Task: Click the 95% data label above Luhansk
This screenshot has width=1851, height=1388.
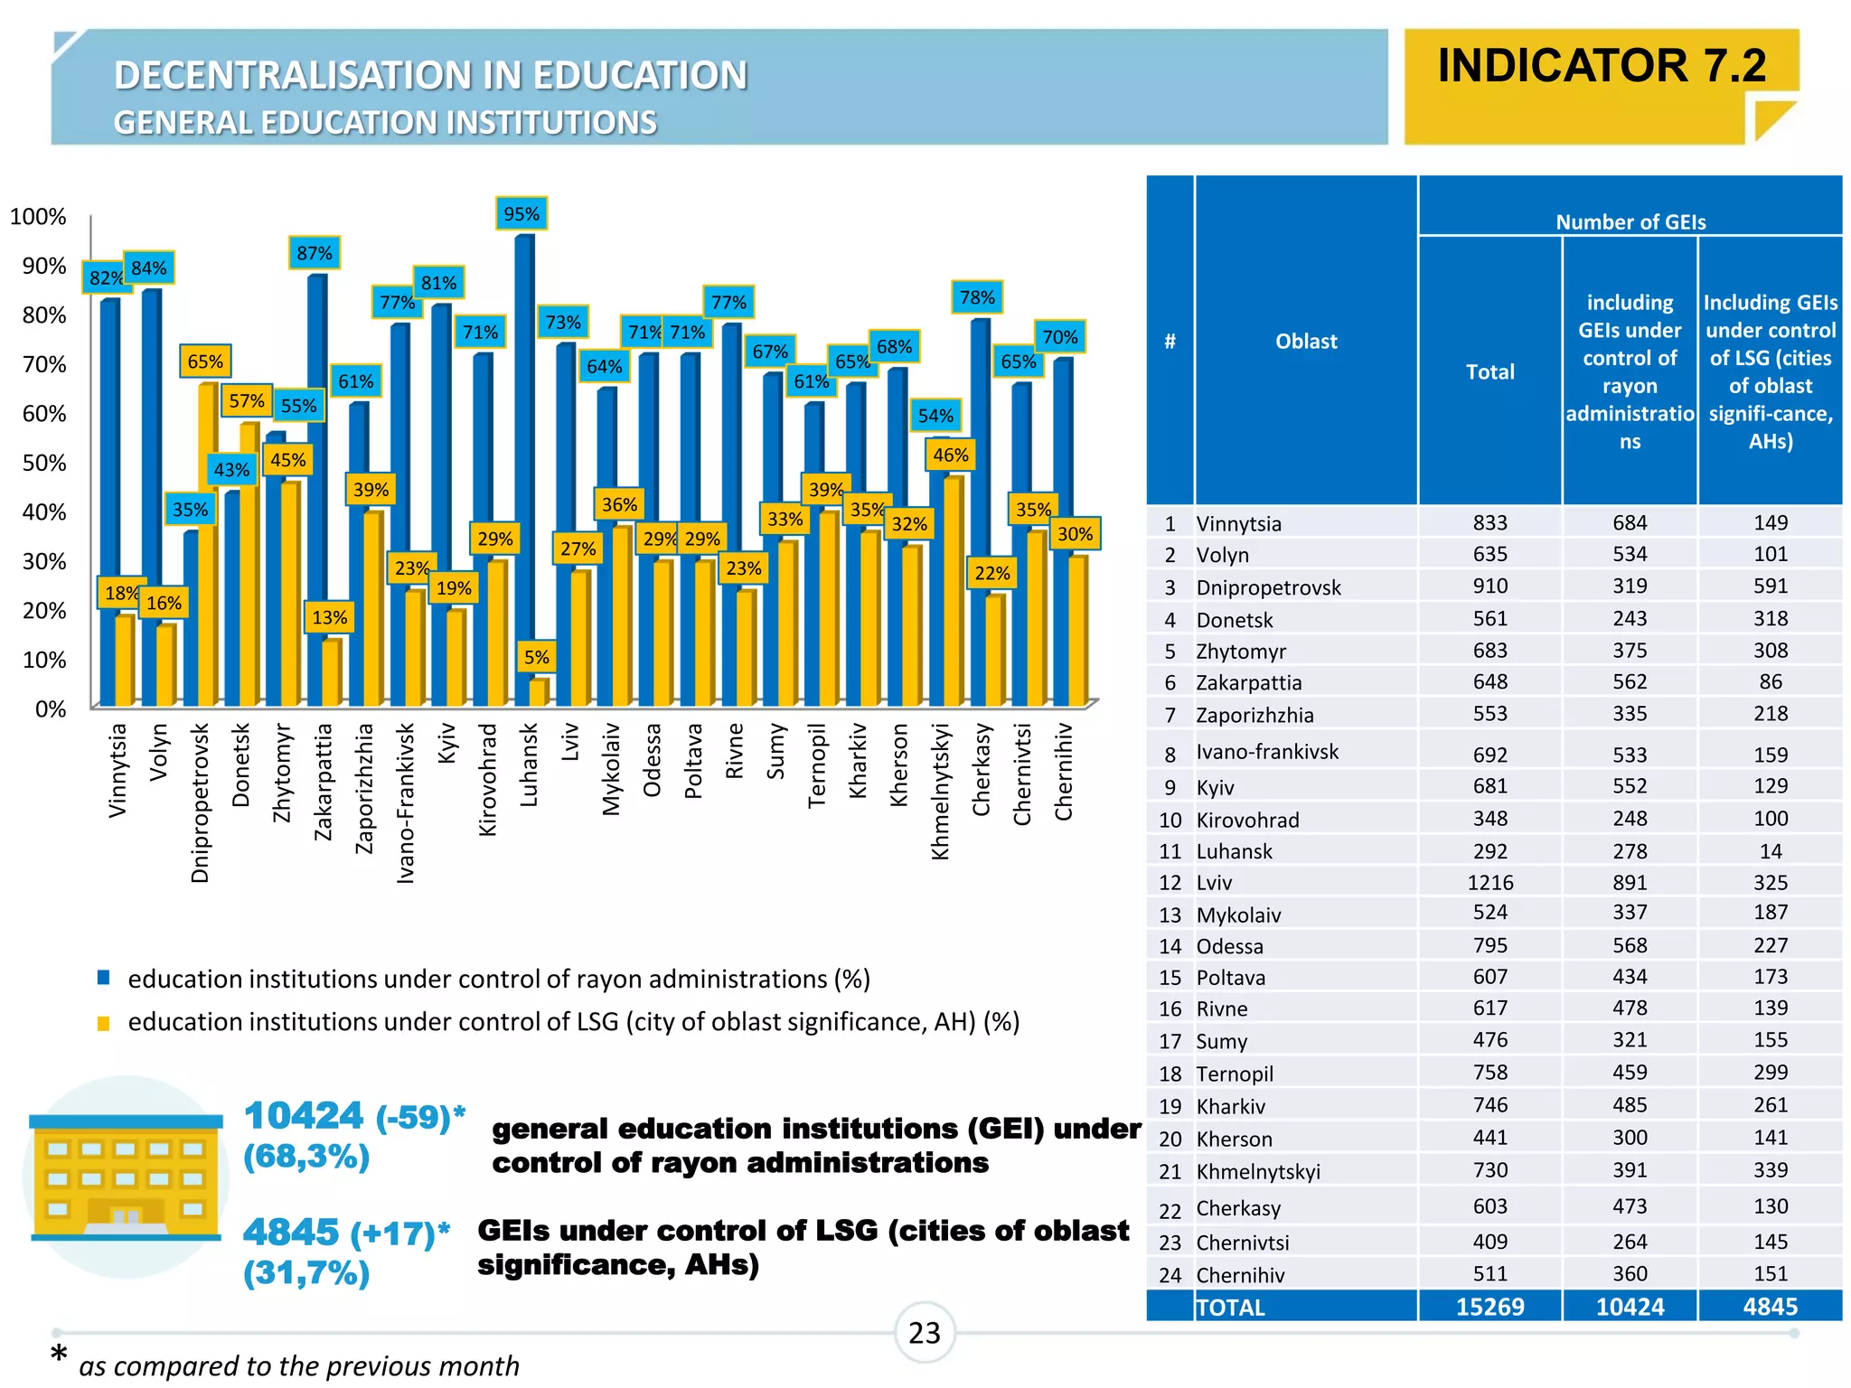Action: tap(521, 214)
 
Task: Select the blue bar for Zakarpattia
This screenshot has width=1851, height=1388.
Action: tap(315, 488)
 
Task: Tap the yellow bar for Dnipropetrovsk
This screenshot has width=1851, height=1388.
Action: tap(207, 542)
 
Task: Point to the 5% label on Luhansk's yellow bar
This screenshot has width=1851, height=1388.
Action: tap(536, 657)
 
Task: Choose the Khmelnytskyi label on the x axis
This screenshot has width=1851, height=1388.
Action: tap(940, 791)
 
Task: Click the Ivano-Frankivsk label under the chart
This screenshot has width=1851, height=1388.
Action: tap(406, 802)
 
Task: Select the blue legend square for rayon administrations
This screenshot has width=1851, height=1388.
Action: tap(104, 978)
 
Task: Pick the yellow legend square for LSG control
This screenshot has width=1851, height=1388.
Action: tap(104, 1023)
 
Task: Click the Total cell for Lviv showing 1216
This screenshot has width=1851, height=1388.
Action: tap(1489, 882)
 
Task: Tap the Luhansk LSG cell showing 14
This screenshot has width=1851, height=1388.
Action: tap(1770, 851)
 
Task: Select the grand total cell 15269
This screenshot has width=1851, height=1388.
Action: tap(1489, 1307)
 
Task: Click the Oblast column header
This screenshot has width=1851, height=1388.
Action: tap(1306, 342)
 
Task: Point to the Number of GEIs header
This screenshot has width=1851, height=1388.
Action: tap(1630, 221)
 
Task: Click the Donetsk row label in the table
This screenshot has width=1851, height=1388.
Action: tap(1234, 620)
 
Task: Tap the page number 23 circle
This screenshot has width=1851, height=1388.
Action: tap(924, 1333)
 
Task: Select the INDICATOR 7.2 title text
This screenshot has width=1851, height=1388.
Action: tap(1601, 66)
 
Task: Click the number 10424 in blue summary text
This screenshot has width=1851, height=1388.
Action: tap(304, 1116)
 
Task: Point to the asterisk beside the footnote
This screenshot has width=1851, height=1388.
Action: tap(59, 1355)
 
